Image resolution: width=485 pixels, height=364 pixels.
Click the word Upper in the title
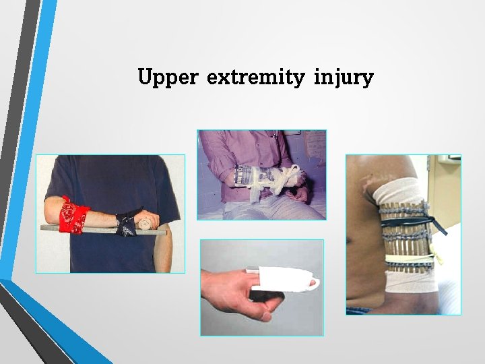click(x=167, y=78)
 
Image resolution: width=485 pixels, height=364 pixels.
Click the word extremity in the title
click(x=256, y=78)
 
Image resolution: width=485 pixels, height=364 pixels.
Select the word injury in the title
click(x=343, y=78)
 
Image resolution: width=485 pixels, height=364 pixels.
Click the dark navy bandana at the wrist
click(x=126, y=222)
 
